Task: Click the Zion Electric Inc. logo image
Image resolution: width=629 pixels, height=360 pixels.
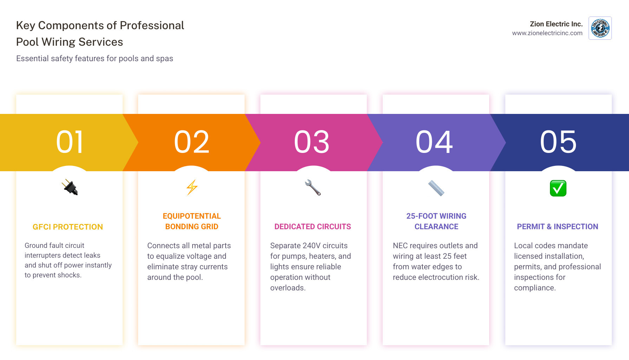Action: point(600,28)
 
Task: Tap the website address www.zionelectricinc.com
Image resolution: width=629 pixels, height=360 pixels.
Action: point(547,33)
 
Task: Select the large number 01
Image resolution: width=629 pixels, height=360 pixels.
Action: point(70,142)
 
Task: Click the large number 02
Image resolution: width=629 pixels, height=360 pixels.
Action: point(192,142)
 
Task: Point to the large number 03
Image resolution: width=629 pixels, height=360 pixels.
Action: point(312,142)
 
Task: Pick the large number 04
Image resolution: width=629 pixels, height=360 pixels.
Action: point(434,142)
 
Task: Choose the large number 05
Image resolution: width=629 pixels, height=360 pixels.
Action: point(558,142)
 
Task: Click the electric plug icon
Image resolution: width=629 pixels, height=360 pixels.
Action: point(70,187)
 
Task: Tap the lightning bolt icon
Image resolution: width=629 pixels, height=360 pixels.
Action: point(192,187)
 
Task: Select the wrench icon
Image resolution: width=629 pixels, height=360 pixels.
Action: point(313,187)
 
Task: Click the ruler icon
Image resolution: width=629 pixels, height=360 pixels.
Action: point(436,188)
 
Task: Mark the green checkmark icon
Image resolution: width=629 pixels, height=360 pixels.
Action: point(558,188)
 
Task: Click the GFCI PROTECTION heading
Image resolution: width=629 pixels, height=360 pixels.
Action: point(68,227)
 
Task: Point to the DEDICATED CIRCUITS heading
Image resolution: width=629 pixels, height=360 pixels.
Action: point(313,227)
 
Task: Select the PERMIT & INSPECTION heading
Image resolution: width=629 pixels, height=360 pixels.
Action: point(558,227)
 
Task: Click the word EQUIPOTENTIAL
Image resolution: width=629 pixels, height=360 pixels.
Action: point(192,216)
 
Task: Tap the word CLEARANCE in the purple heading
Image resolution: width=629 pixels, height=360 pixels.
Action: point(436,227)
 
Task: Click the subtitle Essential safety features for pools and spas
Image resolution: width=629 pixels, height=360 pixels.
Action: point(95,59)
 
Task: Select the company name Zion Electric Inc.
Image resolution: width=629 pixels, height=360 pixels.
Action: point(556,24)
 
